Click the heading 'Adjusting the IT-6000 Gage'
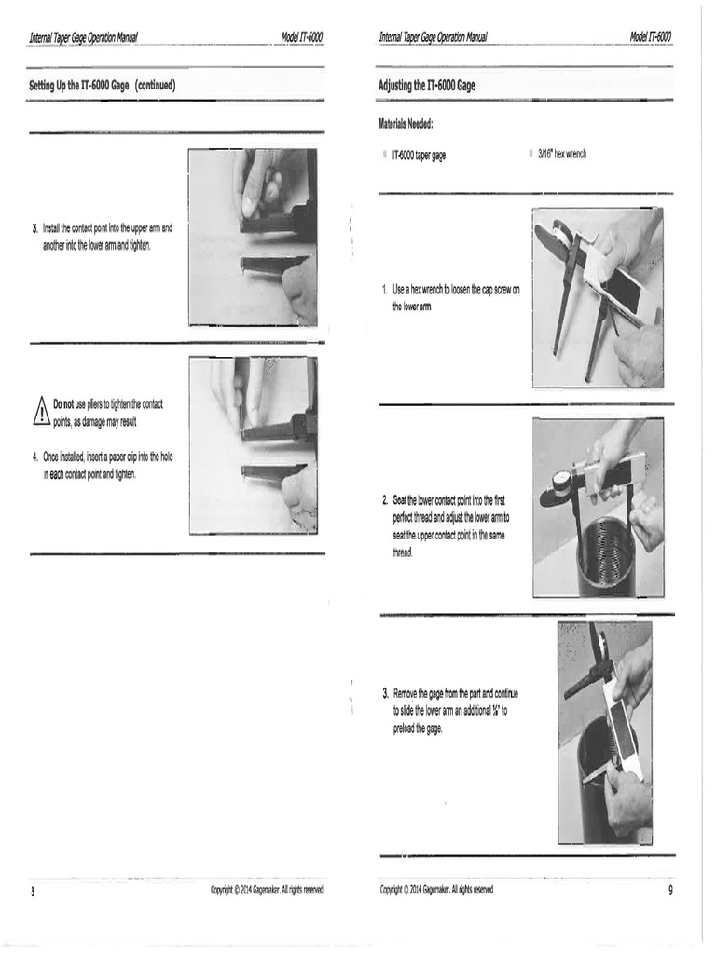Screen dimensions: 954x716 click(426, 85)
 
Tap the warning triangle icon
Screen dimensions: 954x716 click(41, 410)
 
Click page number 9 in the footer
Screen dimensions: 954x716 click(669, 890)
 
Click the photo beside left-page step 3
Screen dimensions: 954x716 click(253, 237)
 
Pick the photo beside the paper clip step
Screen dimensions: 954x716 click(253, 444)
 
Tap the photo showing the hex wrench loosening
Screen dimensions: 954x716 click(597, 297)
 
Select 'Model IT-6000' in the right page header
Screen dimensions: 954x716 click(650, 37)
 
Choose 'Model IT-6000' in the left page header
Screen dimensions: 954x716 click(301, 37)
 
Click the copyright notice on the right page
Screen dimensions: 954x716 click(436, 890)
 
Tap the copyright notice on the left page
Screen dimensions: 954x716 click(267, 890)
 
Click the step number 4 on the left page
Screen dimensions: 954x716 click(34, 457)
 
